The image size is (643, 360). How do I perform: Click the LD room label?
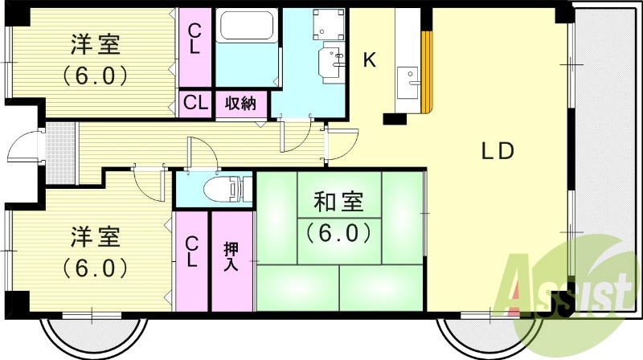point(497,150)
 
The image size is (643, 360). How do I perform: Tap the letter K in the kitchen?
point(370,59)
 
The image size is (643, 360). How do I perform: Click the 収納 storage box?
point(241,103)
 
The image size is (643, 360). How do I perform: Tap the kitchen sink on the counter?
point(412,77)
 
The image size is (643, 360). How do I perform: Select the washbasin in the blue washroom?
point(330,59)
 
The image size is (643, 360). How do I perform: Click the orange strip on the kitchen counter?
point(427,72)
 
